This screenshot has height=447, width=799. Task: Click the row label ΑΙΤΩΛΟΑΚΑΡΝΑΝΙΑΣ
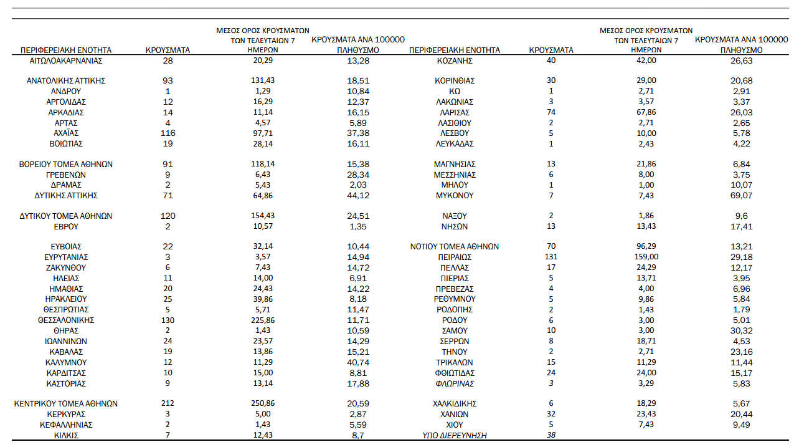coord(66,60)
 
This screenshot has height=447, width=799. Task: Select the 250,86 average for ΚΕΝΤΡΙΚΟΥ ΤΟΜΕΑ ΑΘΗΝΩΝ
coord(263,404)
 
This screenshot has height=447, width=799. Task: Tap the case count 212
coord(168,404)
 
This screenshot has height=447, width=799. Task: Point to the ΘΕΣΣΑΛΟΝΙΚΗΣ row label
coord(66,320)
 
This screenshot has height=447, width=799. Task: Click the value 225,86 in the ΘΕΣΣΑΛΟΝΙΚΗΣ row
coord(263,320)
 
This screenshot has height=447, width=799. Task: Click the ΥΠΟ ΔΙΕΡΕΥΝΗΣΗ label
coord(455,436)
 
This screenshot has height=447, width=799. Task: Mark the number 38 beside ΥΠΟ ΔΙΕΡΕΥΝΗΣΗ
coord(551,436)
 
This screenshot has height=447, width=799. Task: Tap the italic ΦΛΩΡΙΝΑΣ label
coord(455,383)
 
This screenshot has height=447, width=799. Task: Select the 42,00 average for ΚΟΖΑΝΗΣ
coord(646,60)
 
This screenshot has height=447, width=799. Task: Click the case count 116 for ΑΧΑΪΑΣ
coord(168,133)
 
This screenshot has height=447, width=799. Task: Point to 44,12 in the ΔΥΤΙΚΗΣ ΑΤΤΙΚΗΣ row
coord(357,196)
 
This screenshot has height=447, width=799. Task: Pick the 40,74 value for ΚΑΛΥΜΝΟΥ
coord(357,362)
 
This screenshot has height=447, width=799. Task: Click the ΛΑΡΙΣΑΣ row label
coord(455,113)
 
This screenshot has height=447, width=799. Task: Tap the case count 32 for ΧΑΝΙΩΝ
coord(551,415)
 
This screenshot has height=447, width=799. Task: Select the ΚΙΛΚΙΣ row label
coord(66,436)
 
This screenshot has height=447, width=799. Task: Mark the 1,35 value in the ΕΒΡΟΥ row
coord(357,227)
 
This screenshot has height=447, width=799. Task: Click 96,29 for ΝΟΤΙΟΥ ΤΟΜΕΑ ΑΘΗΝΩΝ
coord(646,247)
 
